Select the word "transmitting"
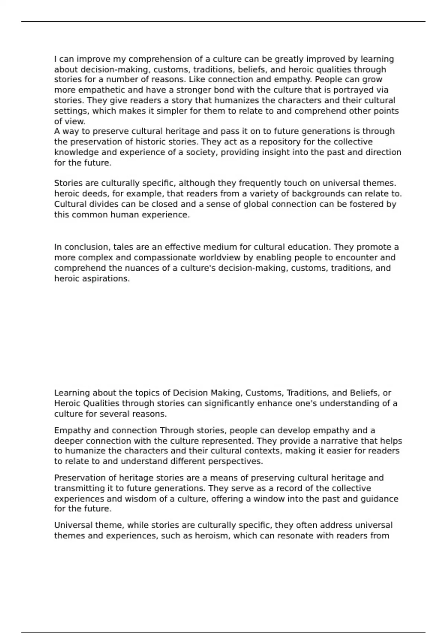tap(77, 488)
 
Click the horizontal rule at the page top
tap(223, 22)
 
